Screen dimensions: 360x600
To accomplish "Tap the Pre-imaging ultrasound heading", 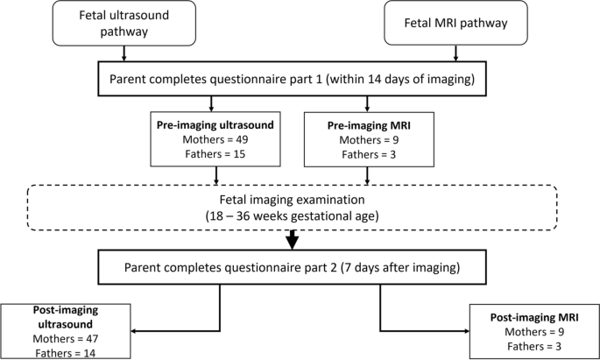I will pos(215,124).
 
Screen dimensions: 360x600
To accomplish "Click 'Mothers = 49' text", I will pos(215,140).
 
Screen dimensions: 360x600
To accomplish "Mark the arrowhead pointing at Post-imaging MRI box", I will pos(465,331).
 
